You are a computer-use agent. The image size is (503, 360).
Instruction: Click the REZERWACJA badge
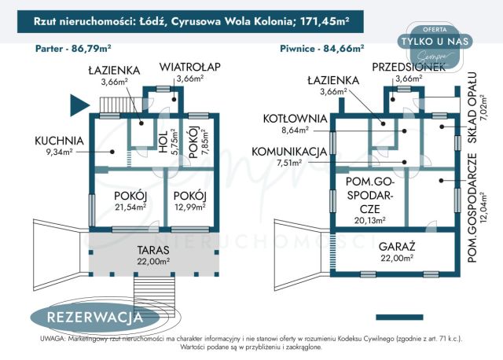click(x=94, y=318)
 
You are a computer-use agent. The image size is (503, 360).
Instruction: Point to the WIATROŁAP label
click(x=189, y=68)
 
